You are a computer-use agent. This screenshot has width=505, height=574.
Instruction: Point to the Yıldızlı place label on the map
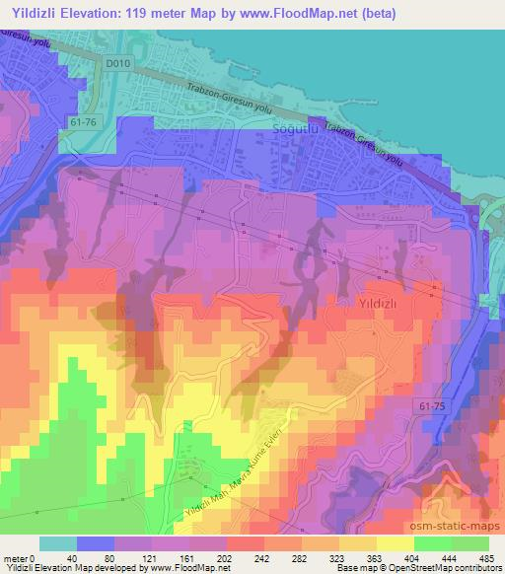[x=376, y=305]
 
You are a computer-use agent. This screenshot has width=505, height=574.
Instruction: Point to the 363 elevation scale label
[x=373, y=557]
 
